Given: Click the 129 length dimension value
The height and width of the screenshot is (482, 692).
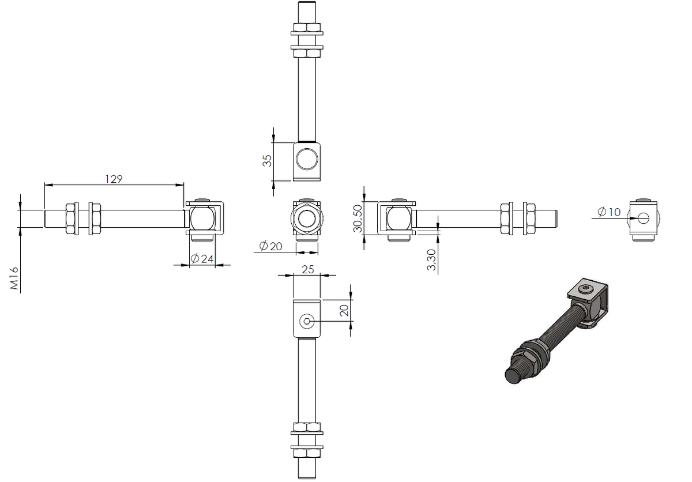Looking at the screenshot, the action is [114, 179].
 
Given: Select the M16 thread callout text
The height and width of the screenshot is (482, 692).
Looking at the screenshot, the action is [14, 278].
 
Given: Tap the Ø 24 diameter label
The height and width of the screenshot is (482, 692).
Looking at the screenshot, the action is [202, 258].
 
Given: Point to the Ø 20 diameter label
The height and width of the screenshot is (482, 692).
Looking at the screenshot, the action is [270, 246].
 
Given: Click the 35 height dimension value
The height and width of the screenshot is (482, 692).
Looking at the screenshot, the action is [267, 161].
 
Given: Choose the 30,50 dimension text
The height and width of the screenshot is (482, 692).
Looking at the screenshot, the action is [358, 219].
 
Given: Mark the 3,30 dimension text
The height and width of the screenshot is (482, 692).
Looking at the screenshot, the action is [431, 260].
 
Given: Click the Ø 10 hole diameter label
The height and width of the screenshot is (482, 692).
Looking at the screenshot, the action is [609, 212].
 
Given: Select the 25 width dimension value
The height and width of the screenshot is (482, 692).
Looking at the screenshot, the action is [308, 270].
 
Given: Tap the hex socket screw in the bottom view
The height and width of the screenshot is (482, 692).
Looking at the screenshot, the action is [307, 322].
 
